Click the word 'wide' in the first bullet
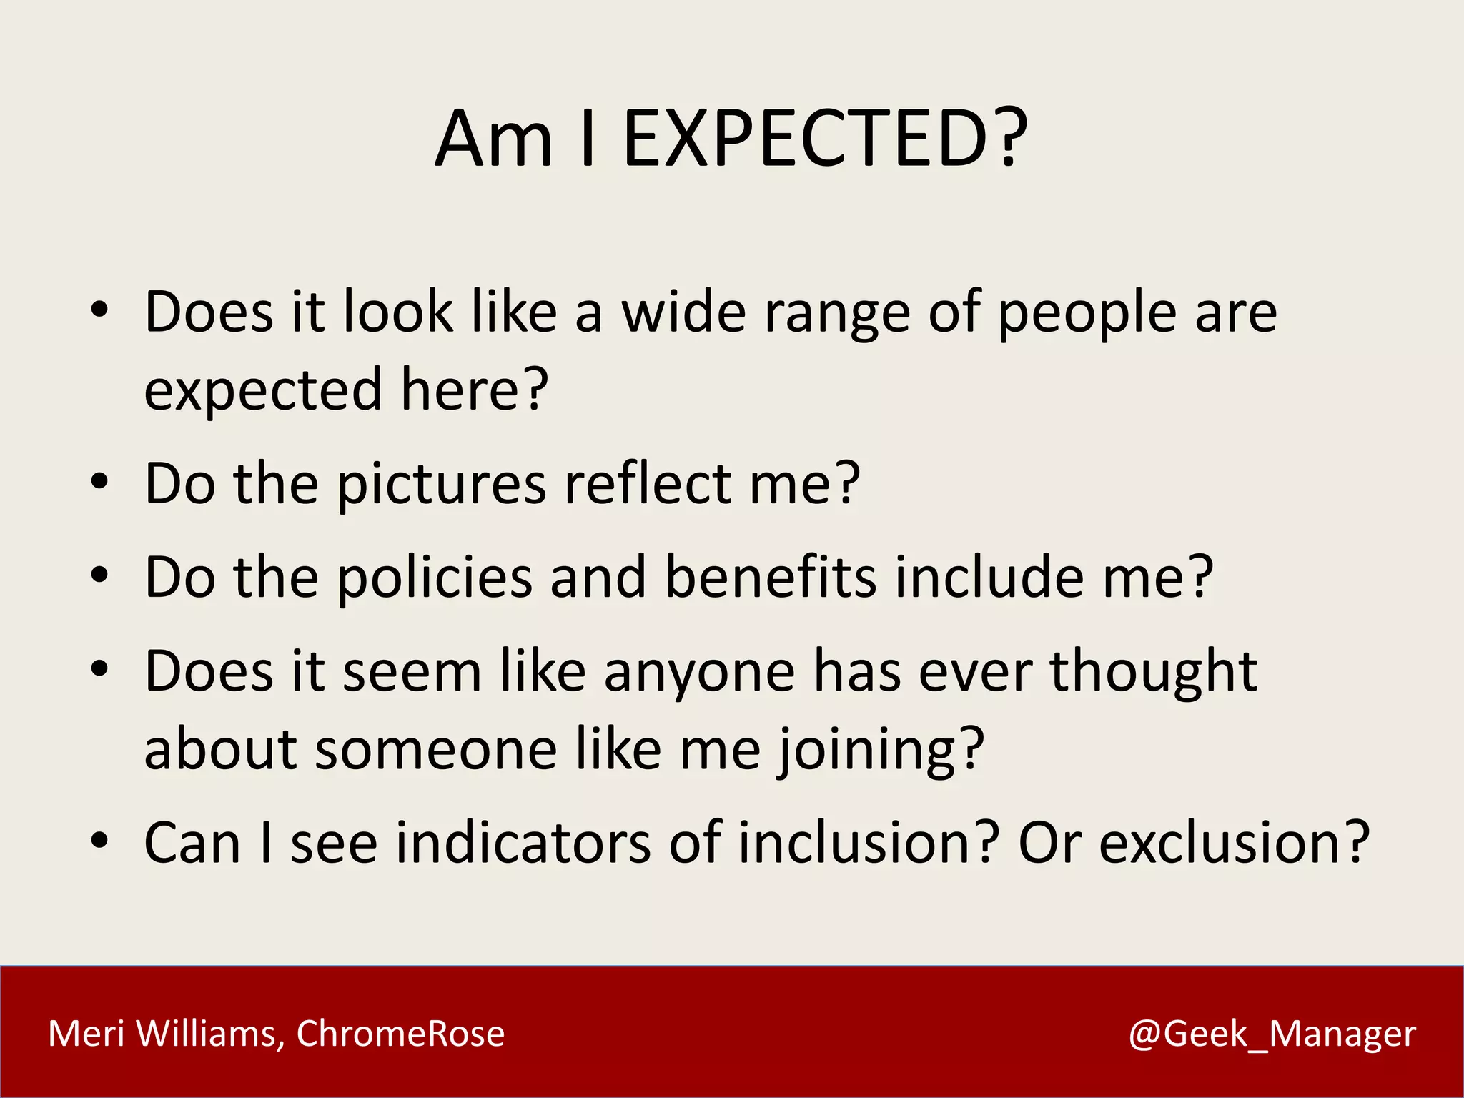683,312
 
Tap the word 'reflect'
647,484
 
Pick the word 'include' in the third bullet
989,577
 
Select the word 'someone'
435,751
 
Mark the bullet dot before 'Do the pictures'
99,481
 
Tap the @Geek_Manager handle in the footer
1272,1034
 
